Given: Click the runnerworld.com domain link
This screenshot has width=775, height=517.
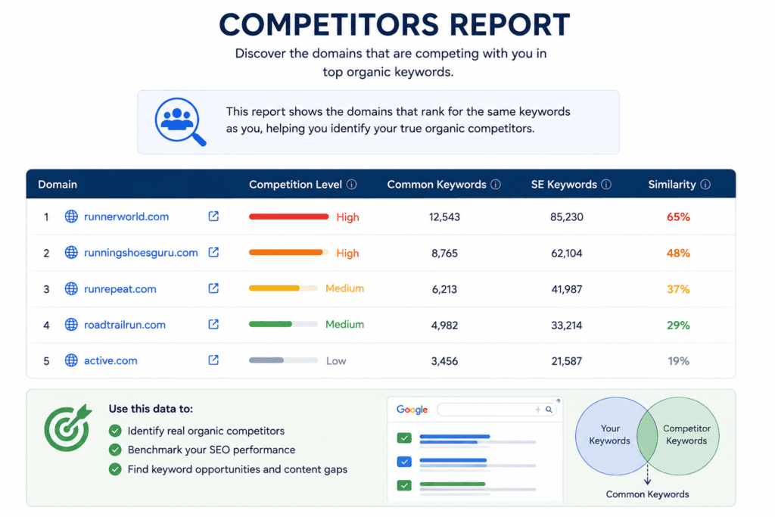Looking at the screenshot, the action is tap(126, 216).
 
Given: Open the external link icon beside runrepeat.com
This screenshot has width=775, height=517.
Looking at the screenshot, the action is tap(213, 288).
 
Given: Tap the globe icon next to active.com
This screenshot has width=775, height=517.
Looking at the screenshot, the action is tap(71, 360).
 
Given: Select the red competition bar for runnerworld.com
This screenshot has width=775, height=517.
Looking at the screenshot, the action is tap(288, 216).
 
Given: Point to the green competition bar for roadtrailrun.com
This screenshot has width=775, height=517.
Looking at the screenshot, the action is tap(270, 324).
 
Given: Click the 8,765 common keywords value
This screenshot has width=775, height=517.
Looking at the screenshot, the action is tap(444, 253).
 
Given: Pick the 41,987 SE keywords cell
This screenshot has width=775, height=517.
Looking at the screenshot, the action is tap(566, 289).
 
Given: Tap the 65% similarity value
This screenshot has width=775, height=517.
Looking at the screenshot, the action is tap(678, 217).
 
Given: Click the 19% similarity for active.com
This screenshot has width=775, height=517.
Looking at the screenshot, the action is tap(678, 361).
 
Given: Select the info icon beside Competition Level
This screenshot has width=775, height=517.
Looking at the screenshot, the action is tap(351, 185).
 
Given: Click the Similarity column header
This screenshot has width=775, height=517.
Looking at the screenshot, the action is tap(672, 185).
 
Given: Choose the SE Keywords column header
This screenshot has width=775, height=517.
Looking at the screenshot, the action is tap(564, 185).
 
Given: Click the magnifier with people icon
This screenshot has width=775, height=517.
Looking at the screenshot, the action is tap(180, 122).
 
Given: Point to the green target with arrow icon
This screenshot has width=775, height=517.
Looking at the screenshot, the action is tap(67, 428).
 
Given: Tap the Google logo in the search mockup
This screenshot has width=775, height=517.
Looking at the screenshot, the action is tap(412, 410).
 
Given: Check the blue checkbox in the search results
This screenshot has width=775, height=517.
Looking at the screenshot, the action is tap(404, 462).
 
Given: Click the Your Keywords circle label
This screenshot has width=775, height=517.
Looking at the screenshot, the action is tap(609, 434).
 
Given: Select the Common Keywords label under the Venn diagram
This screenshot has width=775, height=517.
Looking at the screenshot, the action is tap(647, 494).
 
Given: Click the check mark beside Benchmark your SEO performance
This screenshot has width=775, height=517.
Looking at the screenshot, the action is tap(115, 450).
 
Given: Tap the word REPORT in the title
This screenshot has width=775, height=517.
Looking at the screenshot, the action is tap(509, 25).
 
